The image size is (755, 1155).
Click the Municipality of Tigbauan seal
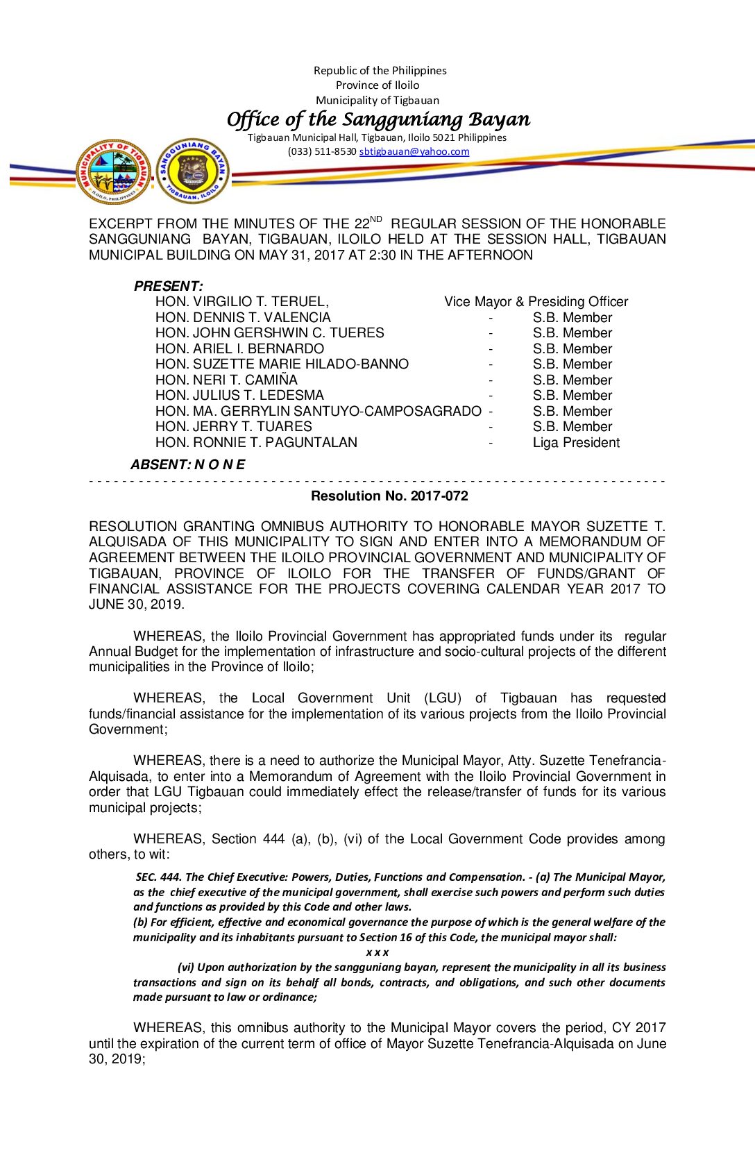113,171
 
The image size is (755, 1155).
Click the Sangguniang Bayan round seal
192,171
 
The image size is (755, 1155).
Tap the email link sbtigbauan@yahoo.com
414,151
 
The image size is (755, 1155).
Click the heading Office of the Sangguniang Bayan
378,119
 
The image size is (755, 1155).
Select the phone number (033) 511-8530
322,151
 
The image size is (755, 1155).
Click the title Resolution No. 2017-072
389,496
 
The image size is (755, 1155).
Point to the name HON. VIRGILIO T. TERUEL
241,301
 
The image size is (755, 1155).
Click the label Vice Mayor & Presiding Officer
536,301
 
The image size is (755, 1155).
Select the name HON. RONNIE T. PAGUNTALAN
256,442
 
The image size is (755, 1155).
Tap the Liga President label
576,442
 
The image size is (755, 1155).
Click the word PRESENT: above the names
168,286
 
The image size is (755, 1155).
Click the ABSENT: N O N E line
187,464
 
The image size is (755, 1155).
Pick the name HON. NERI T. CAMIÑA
226,380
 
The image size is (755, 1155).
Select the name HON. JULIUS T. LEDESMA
239,395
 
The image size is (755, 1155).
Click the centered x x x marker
377,952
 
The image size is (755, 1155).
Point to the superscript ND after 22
376,219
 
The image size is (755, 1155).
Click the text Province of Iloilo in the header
377,85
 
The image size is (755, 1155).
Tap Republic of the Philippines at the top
380,70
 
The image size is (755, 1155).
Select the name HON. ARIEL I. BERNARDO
239,348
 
